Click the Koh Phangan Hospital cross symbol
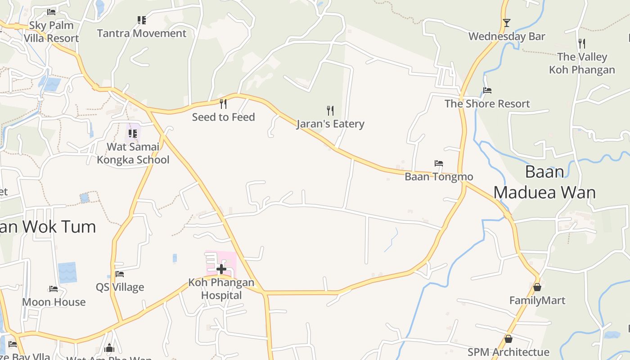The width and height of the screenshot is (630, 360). click(221, 269)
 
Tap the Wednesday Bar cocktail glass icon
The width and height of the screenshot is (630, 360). click(507, 22)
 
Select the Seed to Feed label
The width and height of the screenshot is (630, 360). click(223, 117)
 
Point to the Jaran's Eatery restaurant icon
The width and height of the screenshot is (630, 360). click(330, 110)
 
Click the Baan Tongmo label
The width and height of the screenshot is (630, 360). click(439, 176)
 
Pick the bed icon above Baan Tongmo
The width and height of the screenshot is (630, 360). click(439, 163)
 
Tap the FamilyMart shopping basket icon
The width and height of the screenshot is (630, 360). click(537, 287)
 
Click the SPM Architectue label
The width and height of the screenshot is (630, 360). click(508, 352)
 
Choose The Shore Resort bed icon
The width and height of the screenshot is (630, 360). click(487, 90)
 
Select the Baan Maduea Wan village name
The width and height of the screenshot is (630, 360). click(544, 182)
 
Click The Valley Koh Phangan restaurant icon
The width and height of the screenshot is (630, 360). click(582, 43)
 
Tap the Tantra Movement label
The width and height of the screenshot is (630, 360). click(142, 33)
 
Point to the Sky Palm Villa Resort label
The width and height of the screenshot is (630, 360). click(51, 31)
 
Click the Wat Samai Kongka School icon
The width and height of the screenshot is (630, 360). click(132, 133)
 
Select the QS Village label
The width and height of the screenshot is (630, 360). click(120, 287)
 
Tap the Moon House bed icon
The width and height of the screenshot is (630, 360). click(54, 288)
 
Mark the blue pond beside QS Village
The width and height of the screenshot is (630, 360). click(67, 272)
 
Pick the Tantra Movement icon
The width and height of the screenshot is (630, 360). click(142, 20)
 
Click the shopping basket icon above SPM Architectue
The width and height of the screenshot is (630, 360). click(508, 338)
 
